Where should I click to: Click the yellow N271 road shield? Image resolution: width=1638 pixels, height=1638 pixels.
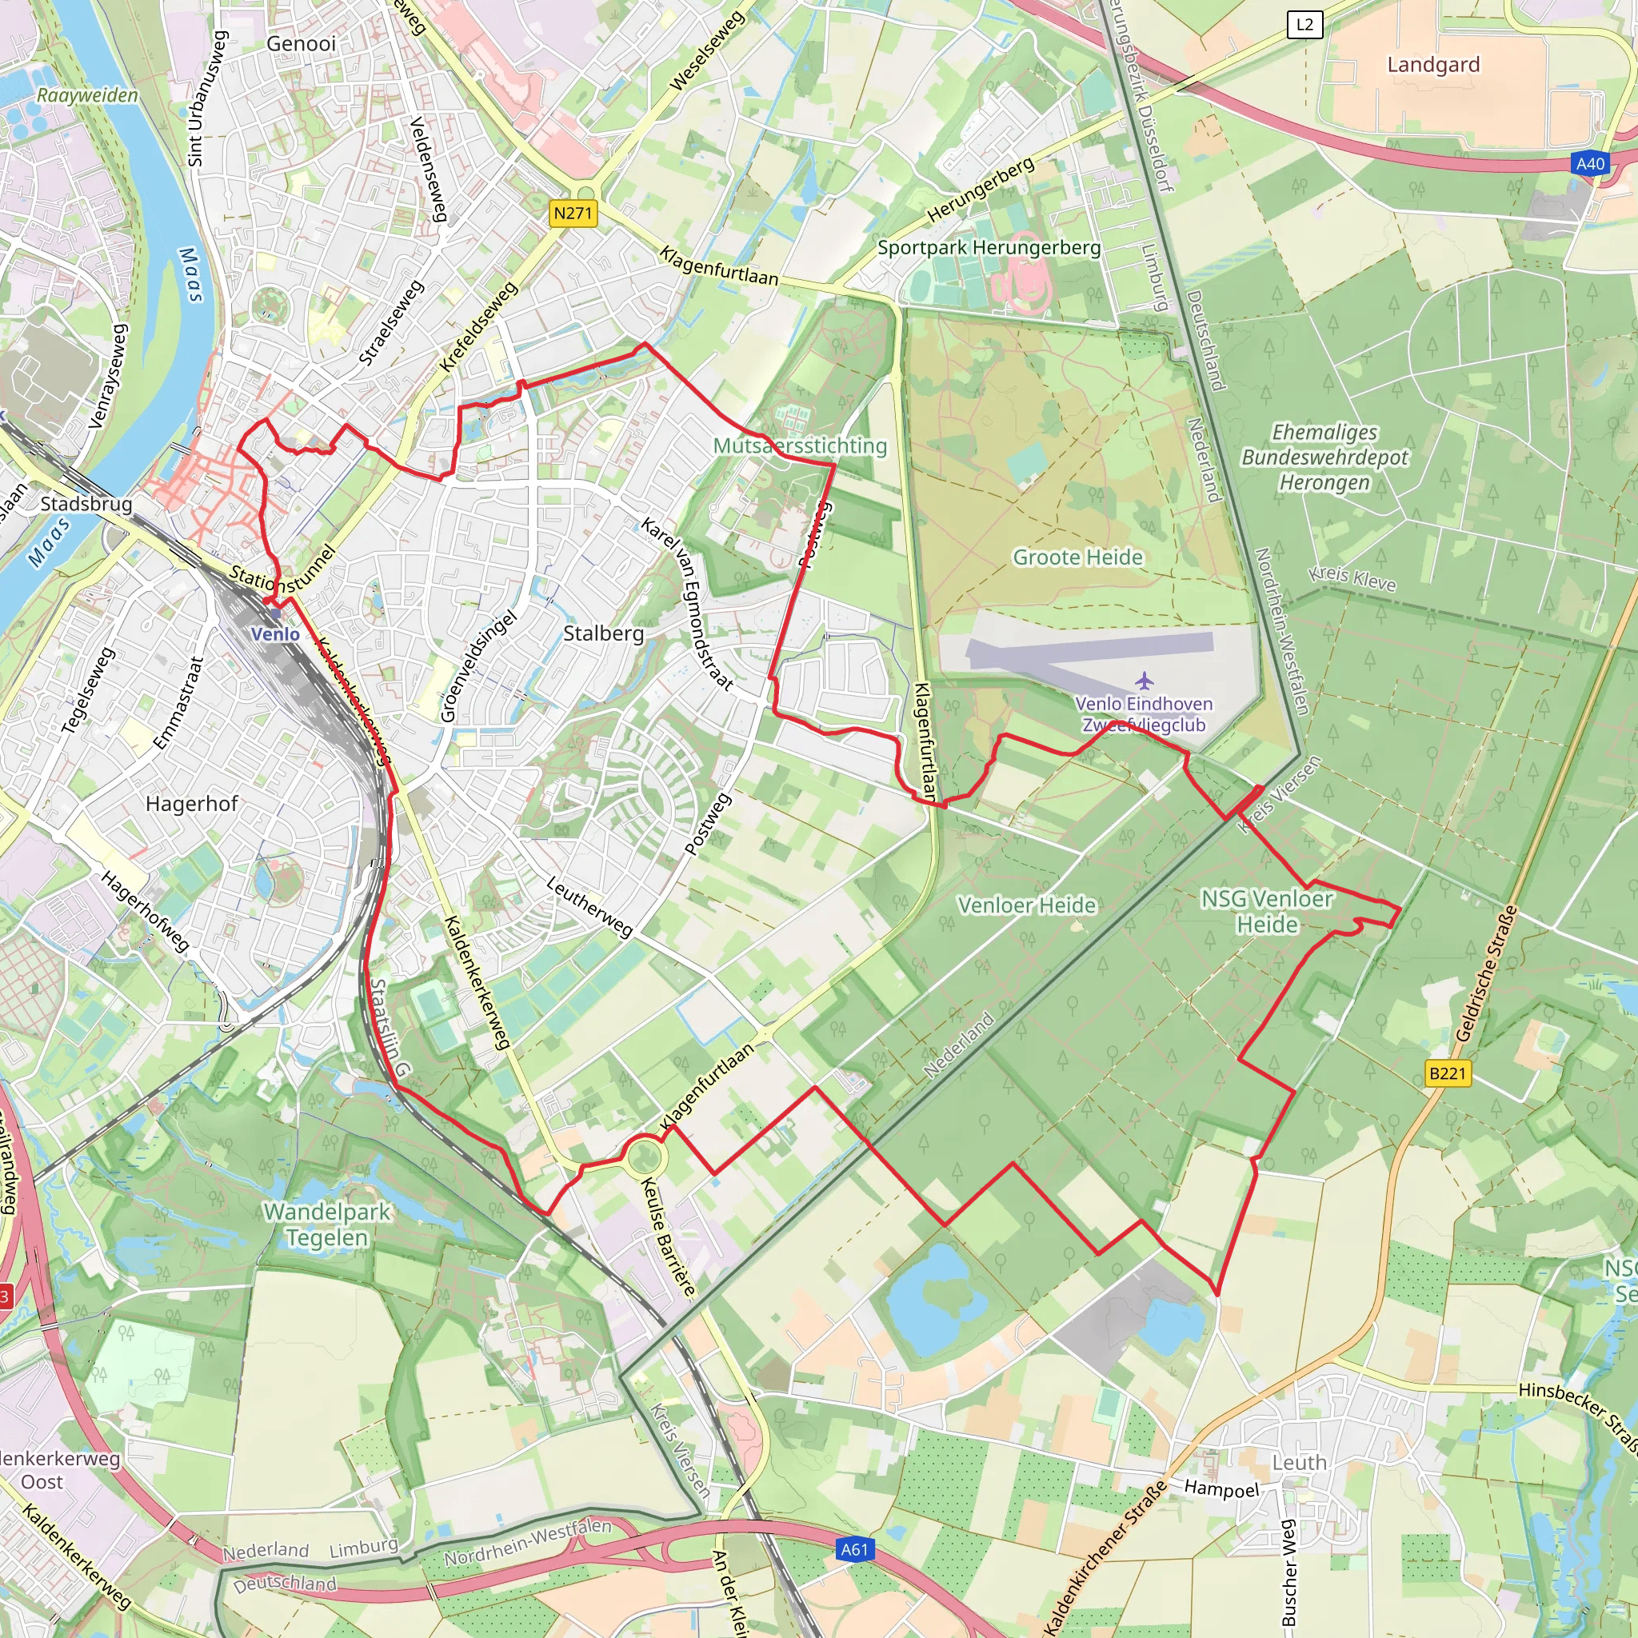[x=573, y=213]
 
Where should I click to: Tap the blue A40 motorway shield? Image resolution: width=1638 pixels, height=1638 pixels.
[x=1590, y=164]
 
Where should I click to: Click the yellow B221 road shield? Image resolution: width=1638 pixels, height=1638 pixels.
[x=1446, y=1073]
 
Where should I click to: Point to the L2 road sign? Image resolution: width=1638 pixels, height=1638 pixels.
[x=1304, y=25]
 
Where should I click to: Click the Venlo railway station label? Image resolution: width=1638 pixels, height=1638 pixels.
[x=274, y=634]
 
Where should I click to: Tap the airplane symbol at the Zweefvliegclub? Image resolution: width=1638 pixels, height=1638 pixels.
[x=1144, y=680]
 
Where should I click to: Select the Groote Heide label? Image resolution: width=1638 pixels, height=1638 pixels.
[x=1077, y=557]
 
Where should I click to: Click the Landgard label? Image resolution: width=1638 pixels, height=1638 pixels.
[x=1432, y=65]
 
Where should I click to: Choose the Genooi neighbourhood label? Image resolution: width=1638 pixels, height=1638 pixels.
[x=301, y=43]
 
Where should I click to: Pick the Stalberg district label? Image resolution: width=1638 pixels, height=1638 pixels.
[x=604, y=633]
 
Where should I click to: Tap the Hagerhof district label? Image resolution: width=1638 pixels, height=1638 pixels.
[x=192, y=803]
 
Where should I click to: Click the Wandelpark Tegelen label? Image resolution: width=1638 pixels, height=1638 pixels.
[x=327, y=1225]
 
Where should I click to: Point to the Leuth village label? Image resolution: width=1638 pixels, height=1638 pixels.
[x=1299, y=1463]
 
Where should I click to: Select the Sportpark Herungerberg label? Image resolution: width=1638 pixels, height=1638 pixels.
[x=989, y=248]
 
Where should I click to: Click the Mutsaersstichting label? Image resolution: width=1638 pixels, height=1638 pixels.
[x=800, y=445]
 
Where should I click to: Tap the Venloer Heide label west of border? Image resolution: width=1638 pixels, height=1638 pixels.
[x=1027, y=905]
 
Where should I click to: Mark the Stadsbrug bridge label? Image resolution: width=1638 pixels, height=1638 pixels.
[x=86, y=504]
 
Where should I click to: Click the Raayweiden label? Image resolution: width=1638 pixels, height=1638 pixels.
[x=86, y=95]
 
